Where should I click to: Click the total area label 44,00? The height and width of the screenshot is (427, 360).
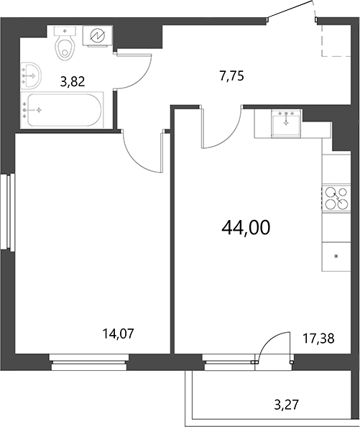point(246,228)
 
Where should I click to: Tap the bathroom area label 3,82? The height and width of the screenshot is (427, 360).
point(73,81)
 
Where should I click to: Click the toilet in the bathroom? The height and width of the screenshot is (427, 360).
point(66,45)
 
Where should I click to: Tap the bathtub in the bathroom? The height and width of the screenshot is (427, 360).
point(63,109)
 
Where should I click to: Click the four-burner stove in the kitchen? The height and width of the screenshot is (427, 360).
point(334,198)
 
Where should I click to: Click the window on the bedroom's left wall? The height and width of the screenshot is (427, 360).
point(9,212)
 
